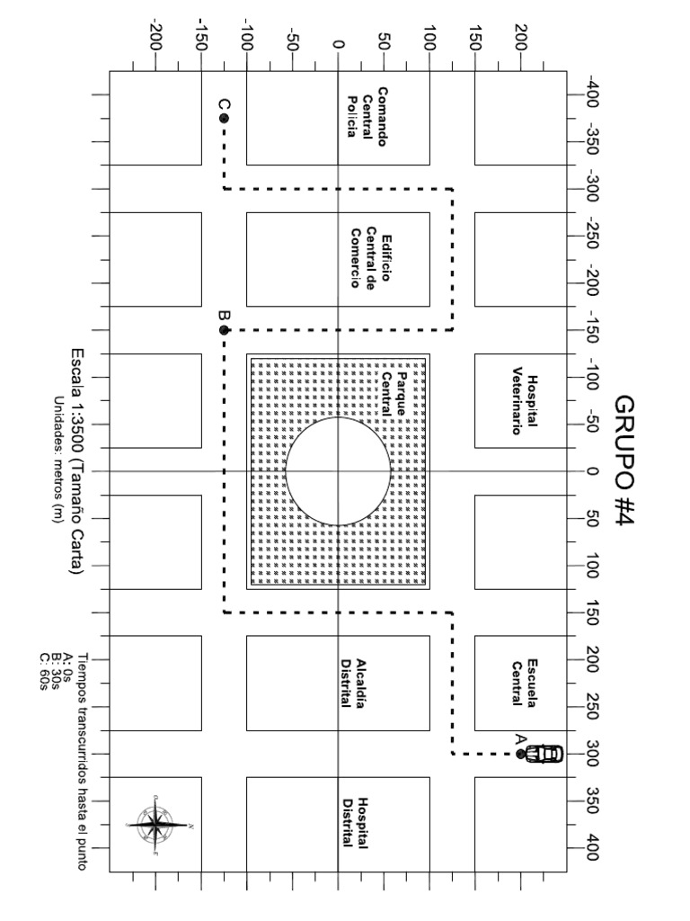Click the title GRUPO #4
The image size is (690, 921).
(624, 461)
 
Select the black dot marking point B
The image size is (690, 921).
(224, 330)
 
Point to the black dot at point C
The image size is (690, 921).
(224, 118)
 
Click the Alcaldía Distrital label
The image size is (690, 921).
(350, 682)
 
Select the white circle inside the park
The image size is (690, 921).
(339, 470)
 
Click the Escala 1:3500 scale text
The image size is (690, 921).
(77, 461)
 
